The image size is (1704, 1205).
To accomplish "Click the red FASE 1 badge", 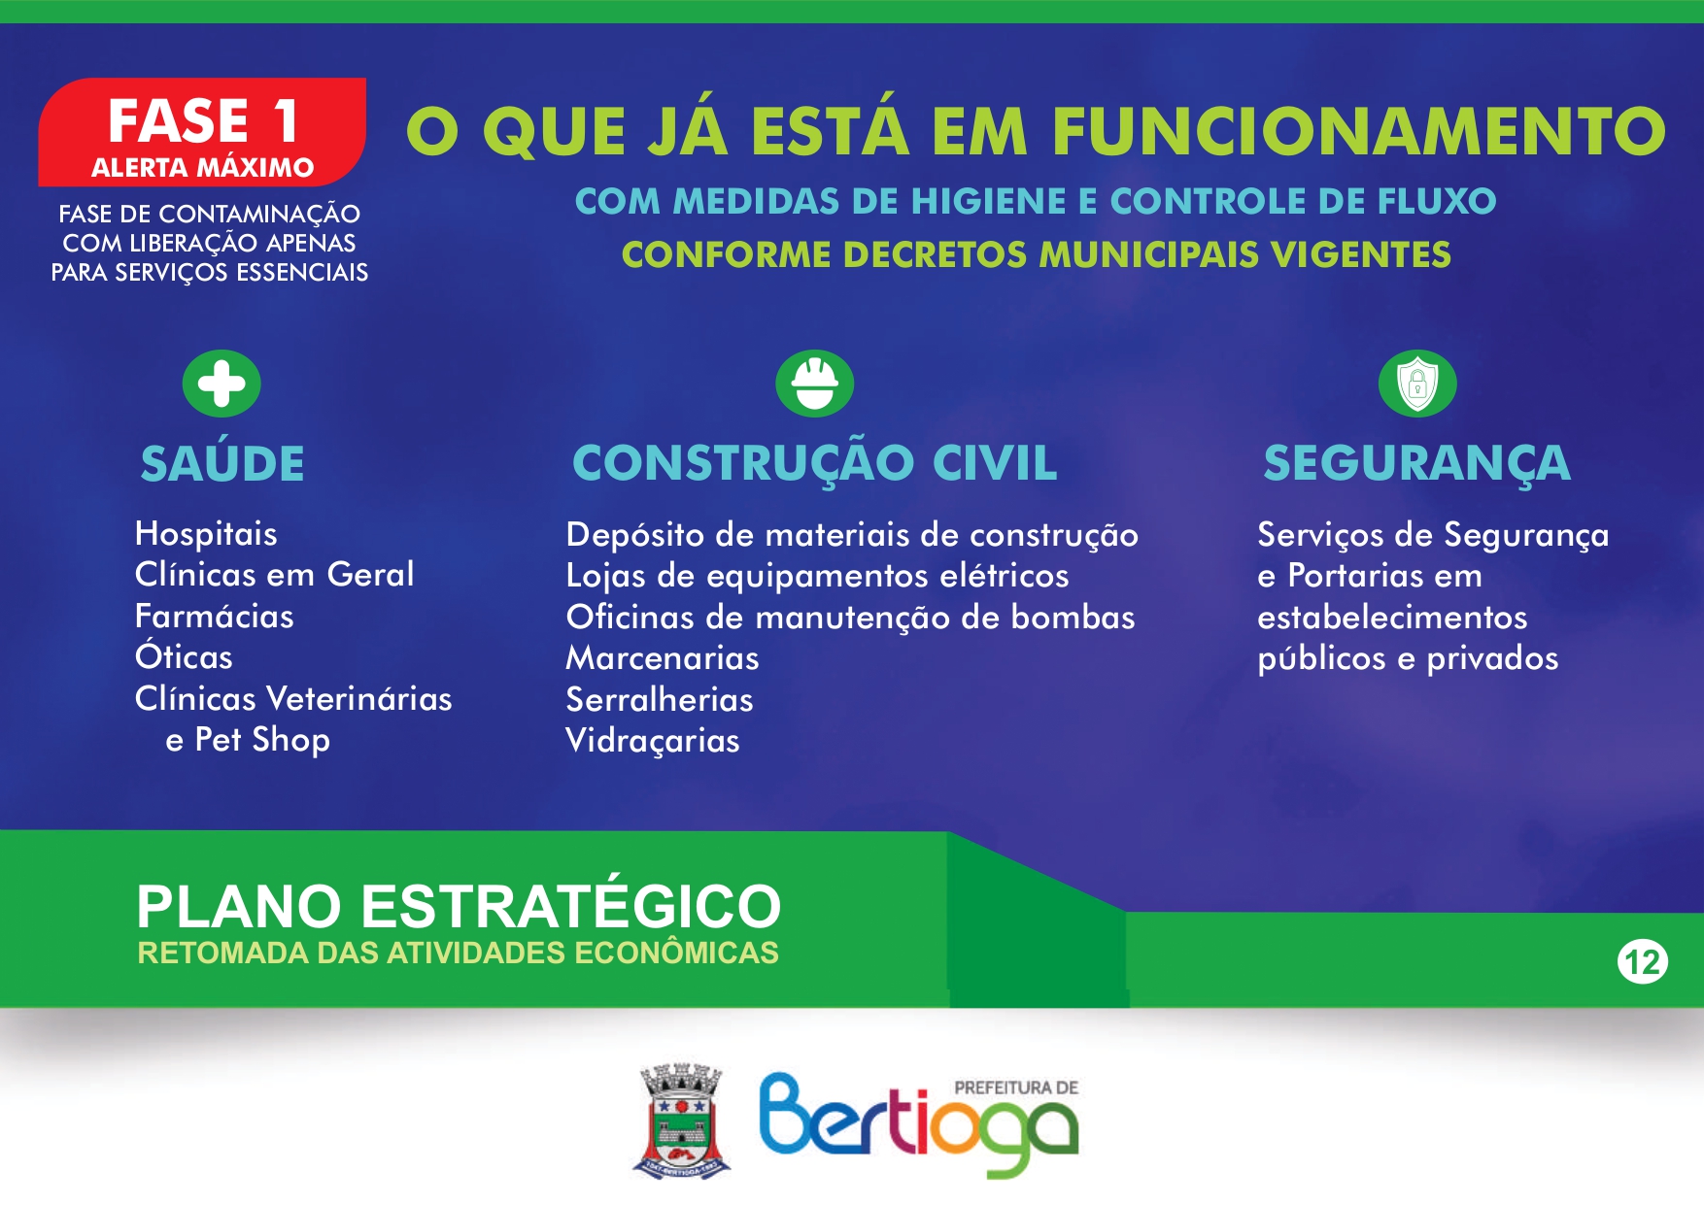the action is (x=202, y=132).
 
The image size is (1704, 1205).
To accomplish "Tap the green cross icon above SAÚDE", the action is (x=222, y=384).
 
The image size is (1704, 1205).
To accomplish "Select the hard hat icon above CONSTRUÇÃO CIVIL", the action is (x=815, y=384).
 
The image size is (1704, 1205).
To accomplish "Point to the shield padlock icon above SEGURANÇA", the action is (x=1417, y=384).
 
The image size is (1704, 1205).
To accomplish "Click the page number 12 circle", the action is (x=1642, y=962).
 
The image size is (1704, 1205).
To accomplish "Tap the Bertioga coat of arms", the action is (x=682, y=1121).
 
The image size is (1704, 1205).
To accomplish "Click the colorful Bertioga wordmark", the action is (x=918, y=1124).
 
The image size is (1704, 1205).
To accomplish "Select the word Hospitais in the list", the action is (x=206, y=534).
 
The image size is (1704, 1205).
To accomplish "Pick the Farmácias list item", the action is (x=214, y=616).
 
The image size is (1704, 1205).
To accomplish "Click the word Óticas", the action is (x=184, y=656).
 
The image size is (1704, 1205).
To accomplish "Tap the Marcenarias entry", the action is (x=663, y=658).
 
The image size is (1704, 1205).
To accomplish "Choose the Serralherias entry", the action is (x=660, y=699).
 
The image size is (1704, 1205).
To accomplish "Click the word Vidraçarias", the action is (x=653, y=741).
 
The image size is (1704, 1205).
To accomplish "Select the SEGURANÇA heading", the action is (x=1416, y=463).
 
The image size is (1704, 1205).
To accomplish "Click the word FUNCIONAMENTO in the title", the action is (x=1359, y=131).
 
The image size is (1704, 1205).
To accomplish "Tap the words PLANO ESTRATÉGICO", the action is (x=459, y=905).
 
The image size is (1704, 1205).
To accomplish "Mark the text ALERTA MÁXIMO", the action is (x=202, y=167).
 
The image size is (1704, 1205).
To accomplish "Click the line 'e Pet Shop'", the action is (x=248, y=740).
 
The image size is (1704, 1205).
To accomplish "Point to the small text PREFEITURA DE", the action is (x=1016, y=1088).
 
